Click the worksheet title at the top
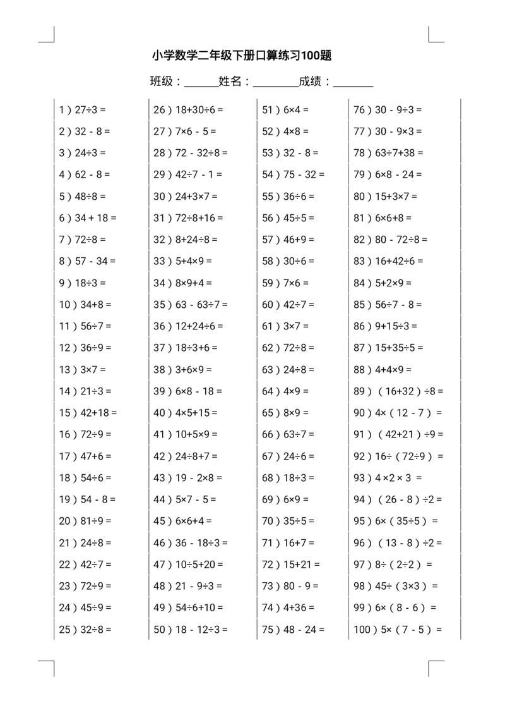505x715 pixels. pos(242,56)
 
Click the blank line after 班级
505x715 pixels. pos(201,83)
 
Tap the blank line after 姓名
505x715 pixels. pos(275,83)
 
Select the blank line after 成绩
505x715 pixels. pos(353,83)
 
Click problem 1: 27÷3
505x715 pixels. pos(83,109)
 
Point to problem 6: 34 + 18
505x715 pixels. pos(88,218)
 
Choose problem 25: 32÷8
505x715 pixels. pos(85,629)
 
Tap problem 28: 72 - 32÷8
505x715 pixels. pos(191,153)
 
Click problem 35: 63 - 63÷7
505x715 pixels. pos(191,305)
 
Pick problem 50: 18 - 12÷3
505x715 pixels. pos(191,629)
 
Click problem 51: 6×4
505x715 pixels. pos(285,109)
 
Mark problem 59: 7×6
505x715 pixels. pos(285,283)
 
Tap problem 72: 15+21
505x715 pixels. pos(291,564)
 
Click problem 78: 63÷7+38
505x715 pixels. pos(388,153)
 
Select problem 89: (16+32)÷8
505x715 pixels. pos(398,391)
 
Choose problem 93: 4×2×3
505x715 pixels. pos(388,478)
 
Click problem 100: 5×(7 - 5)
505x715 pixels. pos(398,629)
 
